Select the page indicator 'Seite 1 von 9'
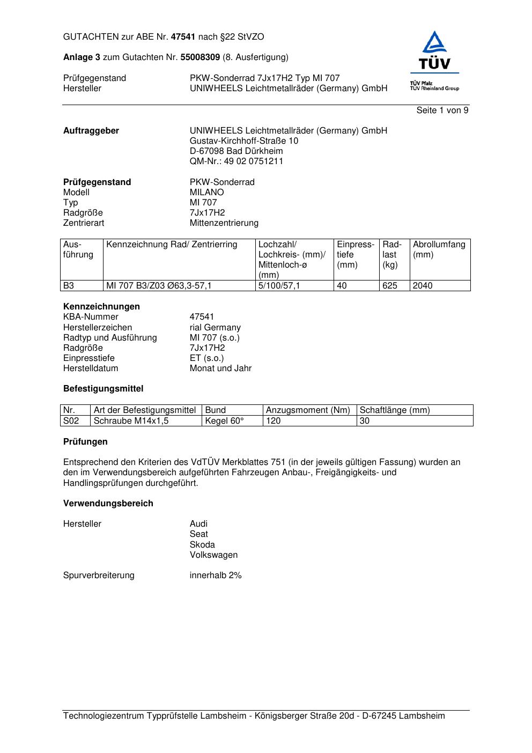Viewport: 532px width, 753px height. pos(442,110)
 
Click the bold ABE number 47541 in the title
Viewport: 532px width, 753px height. pos(183,37)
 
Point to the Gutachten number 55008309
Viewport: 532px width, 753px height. pos(199,57)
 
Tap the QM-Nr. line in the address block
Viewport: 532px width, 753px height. pos(236,161)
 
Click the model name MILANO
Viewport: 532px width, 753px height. pos(206,193)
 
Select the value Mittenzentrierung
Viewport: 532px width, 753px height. pos(224,223)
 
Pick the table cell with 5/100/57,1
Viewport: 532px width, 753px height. pos(279,286)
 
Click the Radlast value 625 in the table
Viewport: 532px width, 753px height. pos(390,286)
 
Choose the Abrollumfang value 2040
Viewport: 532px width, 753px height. pos(423,286)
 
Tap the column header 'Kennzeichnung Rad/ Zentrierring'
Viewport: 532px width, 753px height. pos(172,245)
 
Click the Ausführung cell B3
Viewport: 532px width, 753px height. pos(69,286)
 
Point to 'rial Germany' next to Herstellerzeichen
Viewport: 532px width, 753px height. pos(215,328)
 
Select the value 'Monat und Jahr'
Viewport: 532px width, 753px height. pos(220,368)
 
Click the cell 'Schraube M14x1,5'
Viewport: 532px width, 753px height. pos(131,421)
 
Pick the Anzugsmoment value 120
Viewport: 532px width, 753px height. pos(274,421)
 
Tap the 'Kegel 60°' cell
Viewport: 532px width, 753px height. pos(224,421)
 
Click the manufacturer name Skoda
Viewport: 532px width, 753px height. pos(202,545)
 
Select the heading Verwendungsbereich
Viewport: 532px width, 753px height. pos(108,504)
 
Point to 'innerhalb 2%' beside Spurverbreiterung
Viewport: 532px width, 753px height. pos(216,575)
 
